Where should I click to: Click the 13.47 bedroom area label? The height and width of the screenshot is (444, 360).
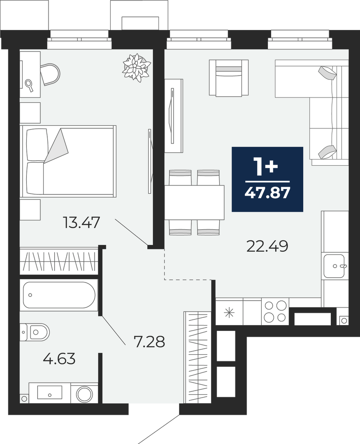click(82, 222)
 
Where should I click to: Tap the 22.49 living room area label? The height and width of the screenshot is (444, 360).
click(267, 246)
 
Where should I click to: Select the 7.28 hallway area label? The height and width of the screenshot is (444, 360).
click(149, 342)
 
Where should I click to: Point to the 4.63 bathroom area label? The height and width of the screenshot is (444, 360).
click(59, 359)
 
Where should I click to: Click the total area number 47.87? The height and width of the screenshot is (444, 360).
click(267, 193)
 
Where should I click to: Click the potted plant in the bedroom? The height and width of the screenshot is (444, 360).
click(136, 68)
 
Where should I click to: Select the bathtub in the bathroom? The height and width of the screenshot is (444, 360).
click(59, 295)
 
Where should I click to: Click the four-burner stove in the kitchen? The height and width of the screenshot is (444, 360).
click(275, 312)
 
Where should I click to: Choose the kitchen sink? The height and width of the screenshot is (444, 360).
click(334, 266)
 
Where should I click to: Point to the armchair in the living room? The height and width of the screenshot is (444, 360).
click(229, 77)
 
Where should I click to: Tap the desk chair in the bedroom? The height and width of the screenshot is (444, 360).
click(50, 74)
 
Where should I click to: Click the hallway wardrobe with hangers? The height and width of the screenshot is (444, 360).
click(197, 357)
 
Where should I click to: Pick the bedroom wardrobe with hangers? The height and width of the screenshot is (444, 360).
click(59, 261)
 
